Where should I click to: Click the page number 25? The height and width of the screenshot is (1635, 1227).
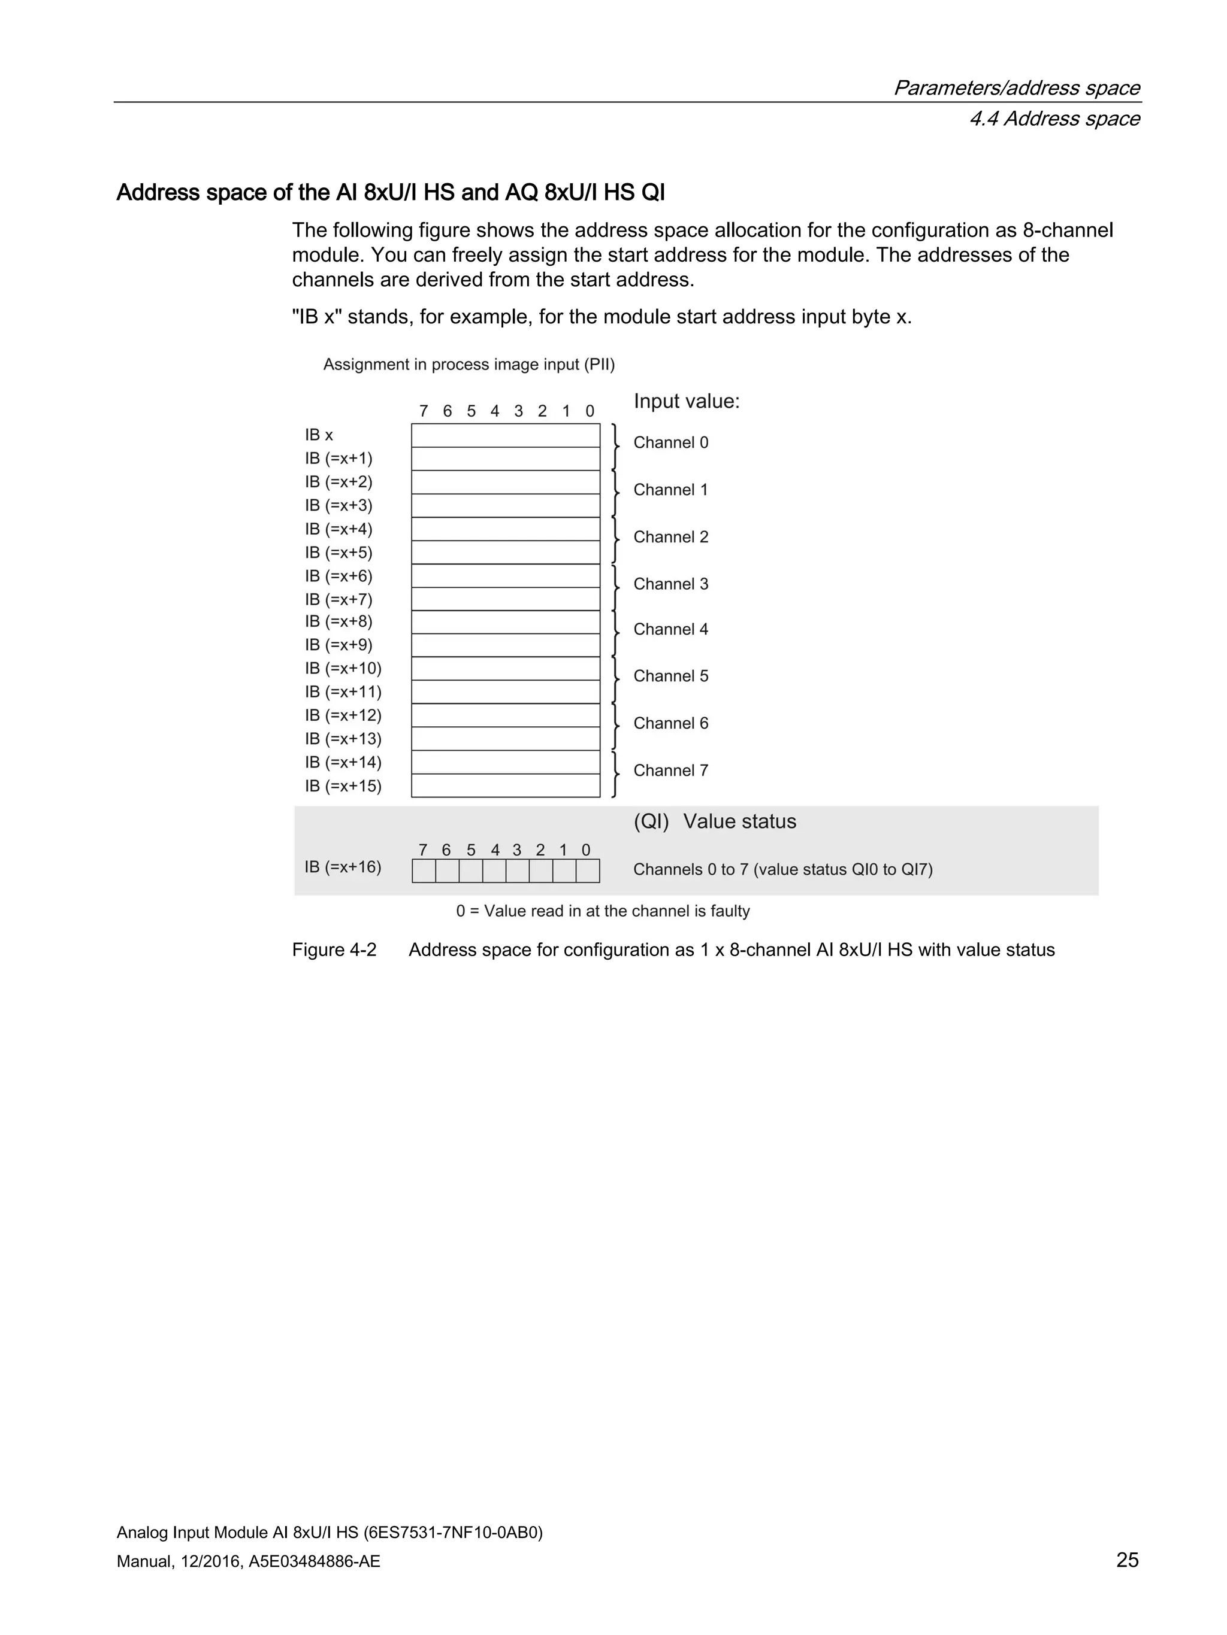(x=1126, y=1560)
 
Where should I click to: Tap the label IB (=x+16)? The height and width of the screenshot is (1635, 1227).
(x=343, y=866)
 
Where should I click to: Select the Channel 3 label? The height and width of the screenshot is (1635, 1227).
(x=670, y=584)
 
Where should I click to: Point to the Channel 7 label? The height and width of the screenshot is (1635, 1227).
(x=670, y=770)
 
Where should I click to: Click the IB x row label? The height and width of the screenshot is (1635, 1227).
(x=319, y=435)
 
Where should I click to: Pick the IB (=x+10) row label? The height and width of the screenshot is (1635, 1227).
(x=343, y=668)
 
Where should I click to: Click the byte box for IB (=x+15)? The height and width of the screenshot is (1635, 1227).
(x=505, y=785)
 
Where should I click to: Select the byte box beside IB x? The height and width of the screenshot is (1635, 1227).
(x=505, y=435)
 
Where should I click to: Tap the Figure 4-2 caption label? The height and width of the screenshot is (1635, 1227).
(x=334, y=950)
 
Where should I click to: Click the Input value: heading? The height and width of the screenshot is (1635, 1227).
(x=687, y=401)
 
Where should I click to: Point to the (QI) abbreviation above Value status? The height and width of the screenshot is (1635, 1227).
(x=651, y=821)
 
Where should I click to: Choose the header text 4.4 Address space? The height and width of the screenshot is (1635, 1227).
(x=1054, y=119)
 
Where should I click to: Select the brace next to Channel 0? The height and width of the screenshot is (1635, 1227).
(x=615, y=447)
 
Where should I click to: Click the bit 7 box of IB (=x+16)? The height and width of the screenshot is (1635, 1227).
(x=423, y=870)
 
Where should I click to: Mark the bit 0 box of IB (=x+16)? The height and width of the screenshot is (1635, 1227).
(x=587, y=870)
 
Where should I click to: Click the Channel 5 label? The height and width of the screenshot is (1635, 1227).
(x=670, y=677)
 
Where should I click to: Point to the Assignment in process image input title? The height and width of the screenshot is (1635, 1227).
(x=469, y=365)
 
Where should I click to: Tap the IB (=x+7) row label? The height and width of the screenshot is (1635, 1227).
(x=338, y=599)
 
